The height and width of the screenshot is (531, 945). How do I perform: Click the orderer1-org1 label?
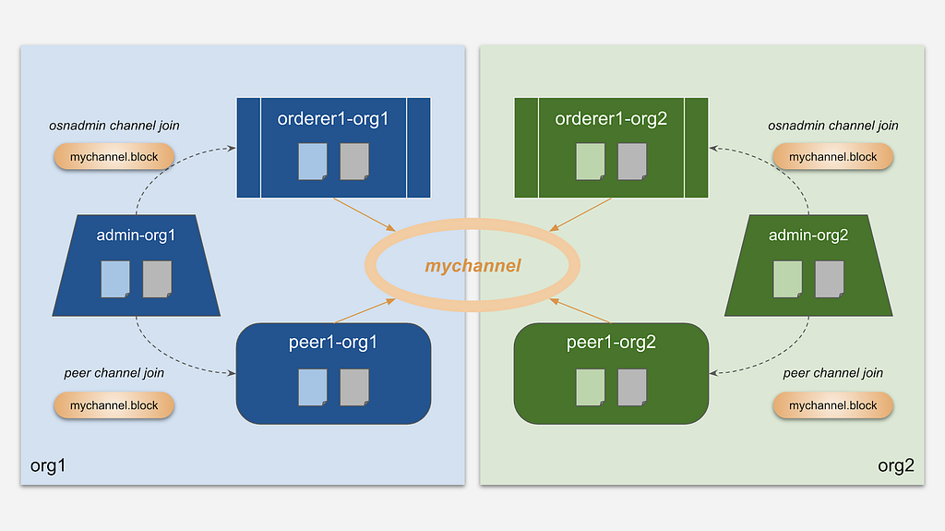(x=332, y=119)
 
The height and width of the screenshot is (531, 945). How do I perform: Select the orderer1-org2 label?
(x=611, y=119)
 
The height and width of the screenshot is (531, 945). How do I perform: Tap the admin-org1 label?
(x=136, y=235)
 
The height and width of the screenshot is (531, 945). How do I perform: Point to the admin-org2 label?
(x=808, y=235)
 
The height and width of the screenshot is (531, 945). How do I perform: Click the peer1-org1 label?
(x=332, y=343)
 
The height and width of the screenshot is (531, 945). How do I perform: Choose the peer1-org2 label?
(x=611, y=343)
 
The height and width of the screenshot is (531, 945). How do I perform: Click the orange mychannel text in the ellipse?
(x=472, y=266)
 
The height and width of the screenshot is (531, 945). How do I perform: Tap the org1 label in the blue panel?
(x=48, y=465)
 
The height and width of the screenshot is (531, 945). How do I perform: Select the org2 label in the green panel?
(x=896, y=465)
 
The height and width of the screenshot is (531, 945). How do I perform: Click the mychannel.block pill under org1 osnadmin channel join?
(x=114, y=157)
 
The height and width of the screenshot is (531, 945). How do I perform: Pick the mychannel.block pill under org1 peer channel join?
(x=114, y=405)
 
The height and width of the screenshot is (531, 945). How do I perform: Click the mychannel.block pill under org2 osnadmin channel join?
(x=833, y=157)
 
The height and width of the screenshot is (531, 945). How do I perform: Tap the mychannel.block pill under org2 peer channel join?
(x=833, y=405)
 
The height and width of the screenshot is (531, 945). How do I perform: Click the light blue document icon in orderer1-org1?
(x=313, y=162)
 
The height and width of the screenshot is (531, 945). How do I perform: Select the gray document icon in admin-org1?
(x=157, y=280)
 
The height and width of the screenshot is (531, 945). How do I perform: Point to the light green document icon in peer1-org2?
(x=591, y=387)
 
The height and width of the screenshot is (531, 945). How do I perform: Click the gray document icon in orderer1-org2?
(x=632, y=162)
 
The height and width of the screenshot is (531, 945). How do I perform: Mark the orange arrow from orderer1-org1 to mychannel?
(x=365, y=215)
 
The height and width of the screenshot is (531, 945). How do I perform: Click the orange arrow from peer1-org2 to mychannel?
(x=580, y=311)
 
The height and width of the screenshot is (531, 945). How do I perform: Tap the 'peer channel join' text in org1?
(x=114, y=373)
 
